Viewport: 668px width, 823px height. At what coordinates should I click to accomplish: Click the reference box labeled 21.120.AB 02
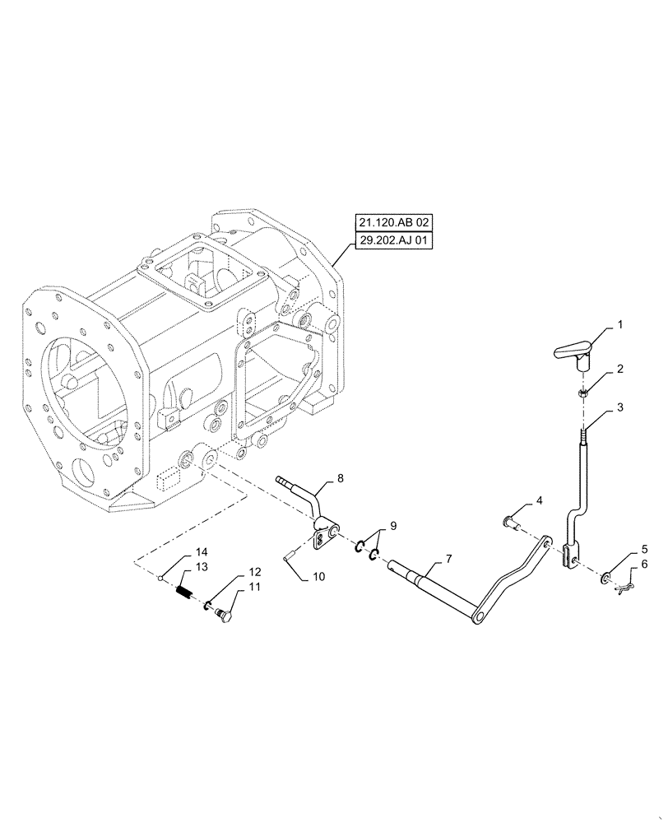pos(393,222)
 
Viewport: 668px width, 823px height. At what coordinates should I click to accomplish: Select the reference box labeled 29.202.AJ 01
pos(393,240)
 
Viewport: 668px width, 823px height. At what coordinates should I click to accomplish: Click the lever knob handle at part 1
pos(573,352)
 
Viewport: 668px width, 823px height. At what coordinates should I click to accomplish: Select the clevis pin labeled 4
pos(512,521)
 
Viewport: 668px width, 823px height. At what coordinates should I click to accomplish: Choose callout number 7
pos(448,560)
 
